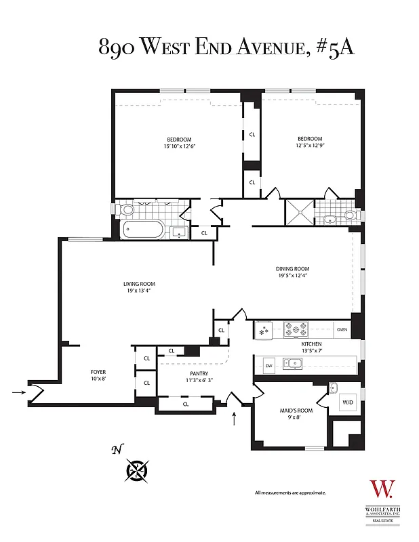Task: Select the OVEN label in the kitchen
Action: (342, 330)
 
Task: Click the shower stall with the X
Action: (299, 211)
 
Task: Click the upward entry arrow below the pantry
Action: (235, 419)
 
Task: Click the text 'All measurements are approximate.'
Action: (290, 493)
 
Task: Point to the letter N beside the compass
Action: (117, 449)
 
